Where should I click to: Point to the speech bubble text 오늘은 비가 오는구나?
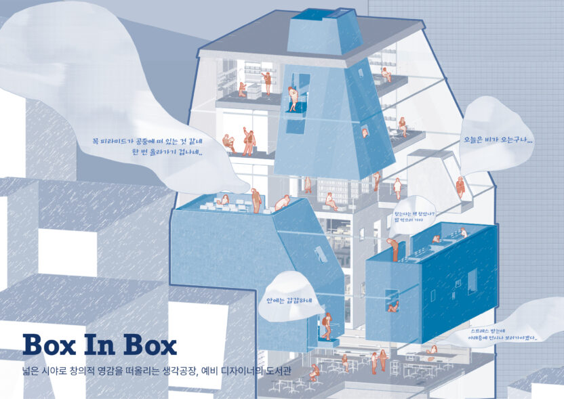pyautogui.click(x=497, y=141)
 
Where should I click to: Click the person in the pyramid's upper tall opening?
pyautogui.click(x=294, y=98)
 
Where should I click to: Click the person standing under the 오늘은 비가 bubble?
pyautogui.click(x=460, y=187)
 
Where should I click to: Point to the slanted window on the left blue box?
pyautogui.click(x=319, y=252)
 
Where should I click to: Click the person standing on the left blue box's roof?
pyautogui.click(x=256, y=201)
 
